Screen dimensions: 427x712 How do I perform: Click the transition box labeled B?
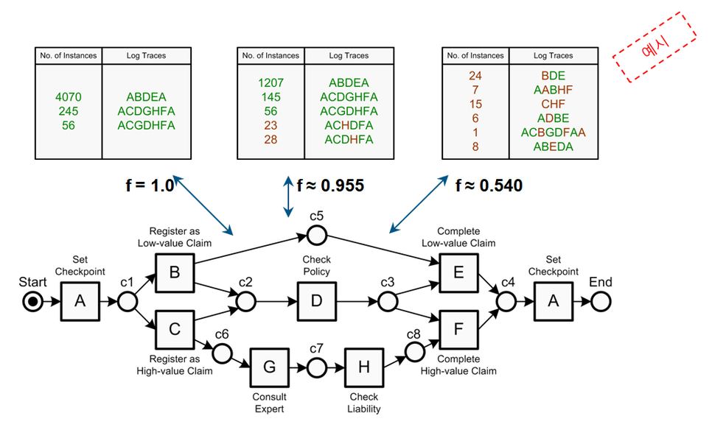pyautogui.click(x=175, y=272)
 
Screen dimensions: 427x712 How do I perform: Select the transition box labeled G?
pyautogui.click(x=269, y=367)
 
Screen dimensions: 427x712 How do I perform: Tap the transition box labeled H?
pyautogui.click(x=364, y=367)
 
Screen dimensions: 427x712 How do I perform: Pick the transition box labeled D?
pyautogui.click(x=317, y=302)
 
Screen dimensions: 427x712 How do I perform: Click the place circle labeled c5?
pyautogui.click(x=317, y=235)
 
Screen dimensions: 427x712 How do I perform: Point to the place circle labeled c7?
pyautogui.click(x=317, y=367)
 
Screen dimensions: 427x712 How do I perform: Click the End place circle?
pyautogui.click(x=600, y=302)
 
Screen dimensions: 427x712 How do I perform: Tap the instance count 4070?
pyautogui.click(x=70, y=97)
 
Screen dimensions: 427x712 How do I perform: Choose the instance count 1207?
pyautogui.click(x=271, y=83)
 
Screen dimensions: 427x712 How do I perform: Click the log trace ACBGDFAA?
pyautogui.click(x=553, y=133)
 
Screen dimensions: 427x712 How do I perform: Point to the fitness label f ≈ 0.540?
pyautogui.click(x=489, y=185)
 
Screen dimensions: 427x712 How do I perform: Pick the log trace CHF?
pyautogui.click(x=553, y=105)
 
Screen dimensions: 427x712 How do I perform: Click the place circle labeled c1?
pyautogui.click(x=127, y=302)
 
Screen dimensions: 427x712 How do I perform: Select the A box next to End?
pyautogui.click(x=553, y=302)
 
